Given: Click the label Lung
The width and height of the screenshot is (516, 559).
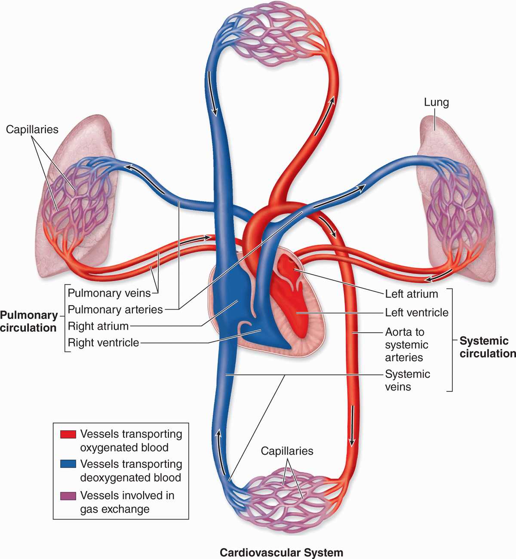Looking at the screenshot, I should click(x=436, y=102).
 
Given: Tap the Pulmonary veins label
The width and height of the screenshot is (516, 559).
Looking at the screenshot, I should click(x=109, y=293).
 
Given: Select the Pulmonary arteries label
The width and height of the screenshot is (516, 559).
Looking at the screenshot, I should click(x=115, y=310).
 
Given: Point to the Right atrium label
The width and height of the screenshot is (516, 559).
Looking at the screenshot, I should click(x=98, y=326).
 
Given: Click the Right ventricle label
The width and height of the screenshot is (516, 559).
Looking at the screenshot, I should click(x=103, y=343).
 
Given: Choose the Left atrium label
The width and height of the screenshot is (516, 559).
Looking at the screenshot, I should click(x=412, y=294).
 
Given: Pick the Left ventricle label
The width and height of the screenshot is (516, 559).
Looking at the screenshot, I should click(x=416, y=313).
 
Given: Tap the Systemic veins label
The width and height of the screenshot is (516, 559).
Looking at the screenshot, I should click(x=407, y=381).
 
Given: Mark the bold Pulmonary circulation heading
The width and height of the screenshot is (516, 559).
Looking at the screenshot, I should click(x=28, y=322).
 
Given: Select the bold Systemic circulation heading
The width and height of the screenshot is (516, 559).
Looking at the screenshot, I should click(x=487, y=347).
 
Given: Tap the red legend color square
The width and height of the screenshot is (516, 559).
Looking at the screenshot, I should click(x=68, y=434).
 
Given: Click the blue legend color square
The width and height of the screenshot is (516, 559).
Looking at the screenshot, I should click(x=68, y=464).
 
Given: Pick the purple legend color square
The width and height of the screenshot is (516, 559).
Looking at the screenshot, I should click(x=68, y=495).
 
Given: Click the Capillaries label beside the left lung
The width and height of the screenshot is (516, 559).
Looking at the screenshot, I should click(x=32, y=129).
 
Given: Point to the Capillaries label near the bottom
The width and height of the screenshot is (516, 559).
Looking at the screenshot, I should click(x=287, y=451).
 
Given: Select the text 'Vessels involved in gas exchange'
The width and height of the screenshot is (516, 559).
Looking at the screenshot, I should click(x=127, y=502).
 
